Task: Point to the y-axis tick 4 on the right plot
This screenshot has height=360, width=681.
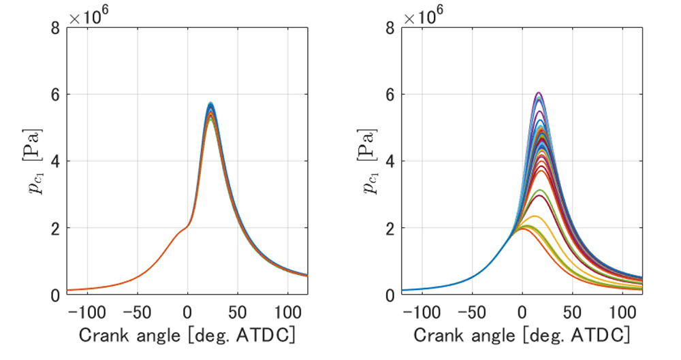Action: pos(390,161)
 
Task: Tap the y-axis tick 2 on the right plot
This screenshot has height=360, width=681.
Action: pos(390,228)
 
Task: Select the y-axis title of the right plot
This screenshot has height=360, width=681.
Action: pos(366,161)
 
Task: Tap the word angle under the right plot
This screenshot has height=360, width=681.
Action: pos(488,336)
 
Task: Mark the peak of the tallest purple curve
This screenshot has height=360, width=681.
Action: pos(539,93)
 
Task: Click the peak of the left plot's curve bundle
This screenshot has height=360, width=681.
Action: pos(210,103)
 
